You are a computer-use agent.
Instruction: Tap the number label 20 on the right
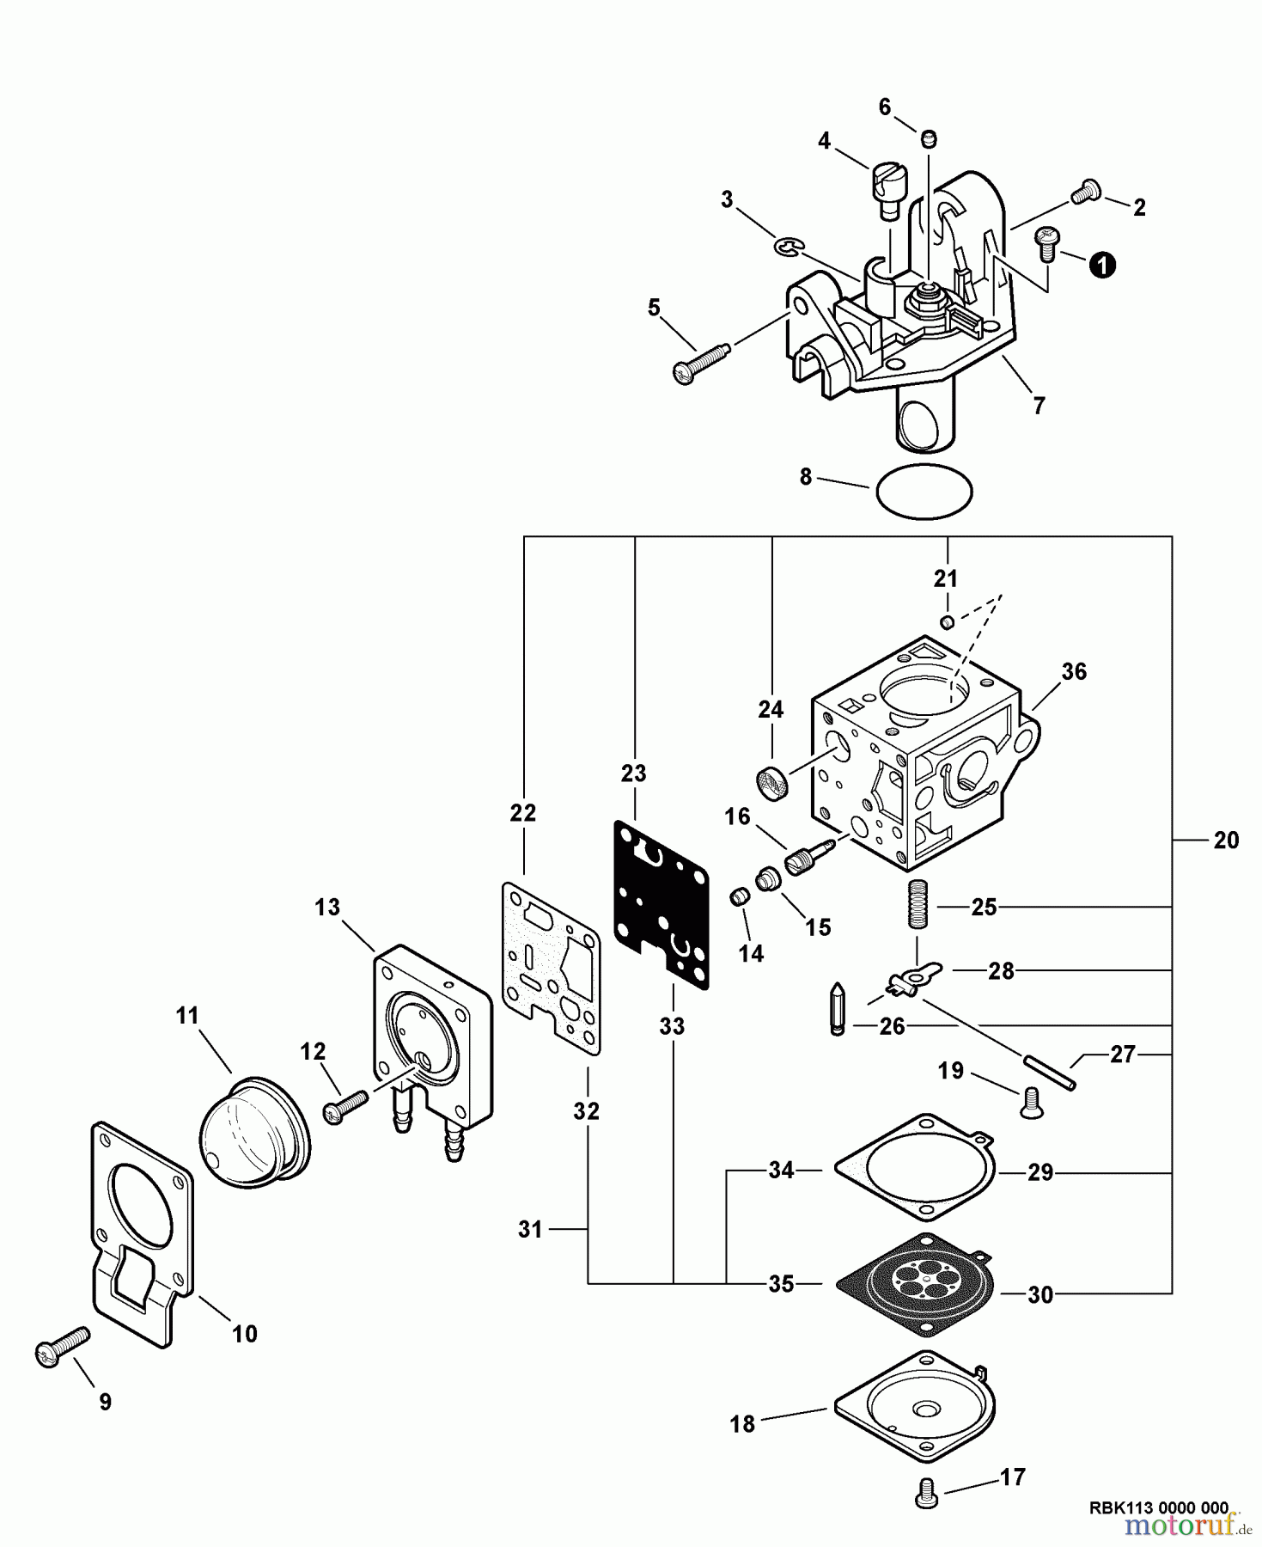[1226, 841]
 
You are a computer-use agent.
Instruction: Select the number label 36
[1074, 671]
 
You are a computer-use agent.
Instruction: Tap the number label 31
[530, 1230]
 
